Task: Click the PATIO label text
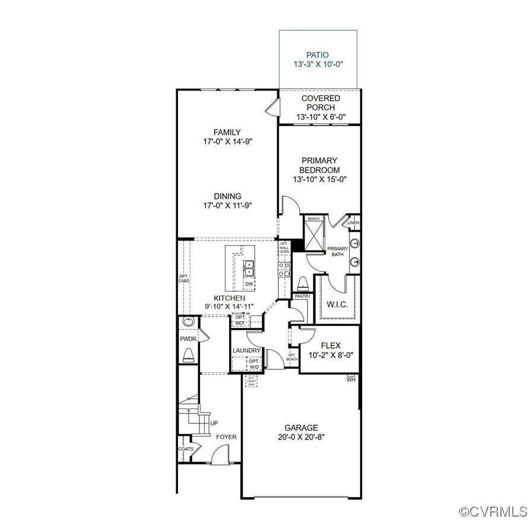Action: click(318, 55)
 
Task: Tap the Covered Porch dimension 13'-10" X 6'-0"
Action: click(320, 117)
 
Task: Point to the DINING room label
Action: click(228, 196)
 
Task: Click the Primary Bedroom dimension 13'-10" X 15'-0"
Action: click(319, 179)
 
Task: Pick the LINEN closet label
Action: click(354, 223)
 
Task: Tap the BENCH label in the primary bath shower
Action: click(313, 219)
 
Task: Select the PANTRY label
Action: click(303, 296)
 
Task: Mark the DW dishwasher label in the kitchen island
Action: click(249, 284)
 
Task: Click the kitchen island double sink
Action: click(249, 268)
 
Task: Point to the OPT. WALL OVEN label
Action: click(284, 248)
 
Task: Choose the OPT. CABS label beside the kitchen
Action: click(184, 278)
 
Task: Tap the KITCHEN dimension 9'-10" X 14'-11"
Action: click(230, 306)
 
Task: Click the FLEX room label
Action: click(330, 345)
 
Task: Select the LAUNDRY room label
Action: click(247, 351)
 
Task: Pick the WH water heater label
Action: click(351, 379)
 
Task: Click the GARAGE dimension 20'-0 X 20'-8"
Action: click(301, 436)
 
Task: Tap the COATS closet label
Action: click(186, 449)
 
